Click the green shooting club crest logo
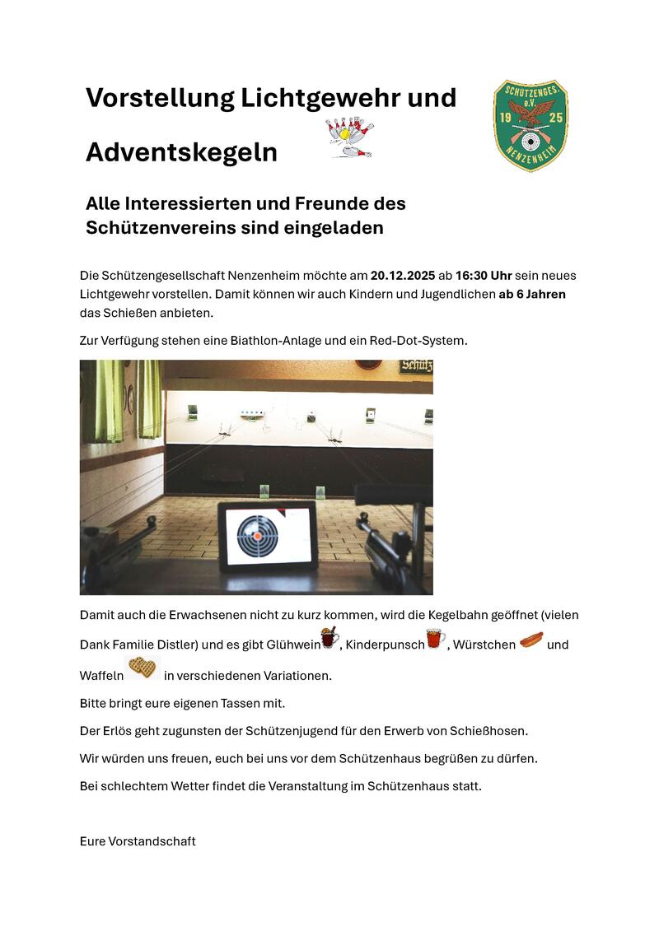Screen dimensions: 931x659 (530, 125)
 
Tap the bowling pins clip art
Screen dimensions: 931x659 (350, 137)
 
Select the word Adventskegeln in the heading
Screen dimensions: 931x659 (181, 153)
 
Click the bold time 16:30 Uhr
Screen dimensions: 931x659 (478, 275)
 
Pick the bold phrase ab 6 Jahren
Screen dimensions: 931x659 (532, 294)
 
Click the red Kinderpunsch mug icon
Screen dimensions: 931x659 (435, 639)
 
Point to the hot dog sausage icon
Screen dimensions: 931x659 (531, 639)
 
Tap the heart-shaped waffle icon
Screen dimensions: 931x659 (143, 668)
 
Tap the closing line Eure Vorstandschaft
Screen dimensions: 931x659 (138, 841)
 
